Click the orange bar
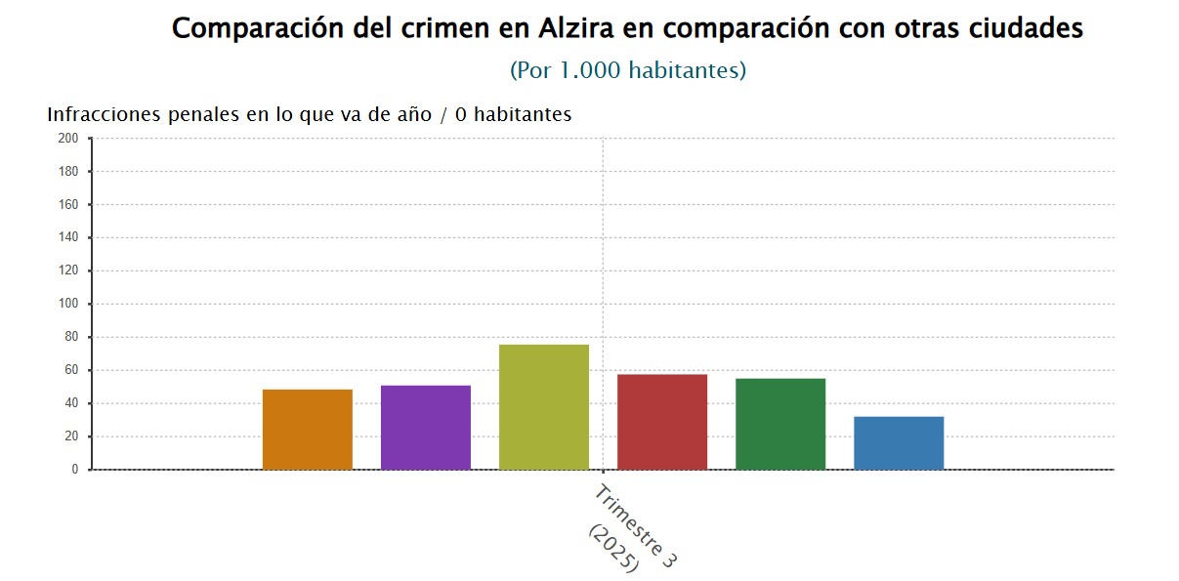click(308, 430)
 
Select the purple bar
click(426, 428)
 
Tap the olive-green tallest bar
click(544, 407)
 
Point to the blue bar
click(899, 443)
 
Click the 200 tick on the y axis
click(68, 139)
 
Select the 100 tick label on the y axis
click(68, 305)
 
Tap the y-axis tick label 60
click(71, 371)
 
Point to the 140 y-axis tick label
click(68, 238)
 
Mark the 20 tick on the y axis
click(71, 437)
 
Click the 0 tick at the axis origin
click(74, 470)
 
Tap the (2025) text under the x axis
click(613, 549)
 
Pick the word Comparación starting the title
click(253, 28)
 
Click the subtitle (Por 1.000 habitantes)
click(628, 70)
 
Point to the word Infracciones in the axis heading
click(103, 114)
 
